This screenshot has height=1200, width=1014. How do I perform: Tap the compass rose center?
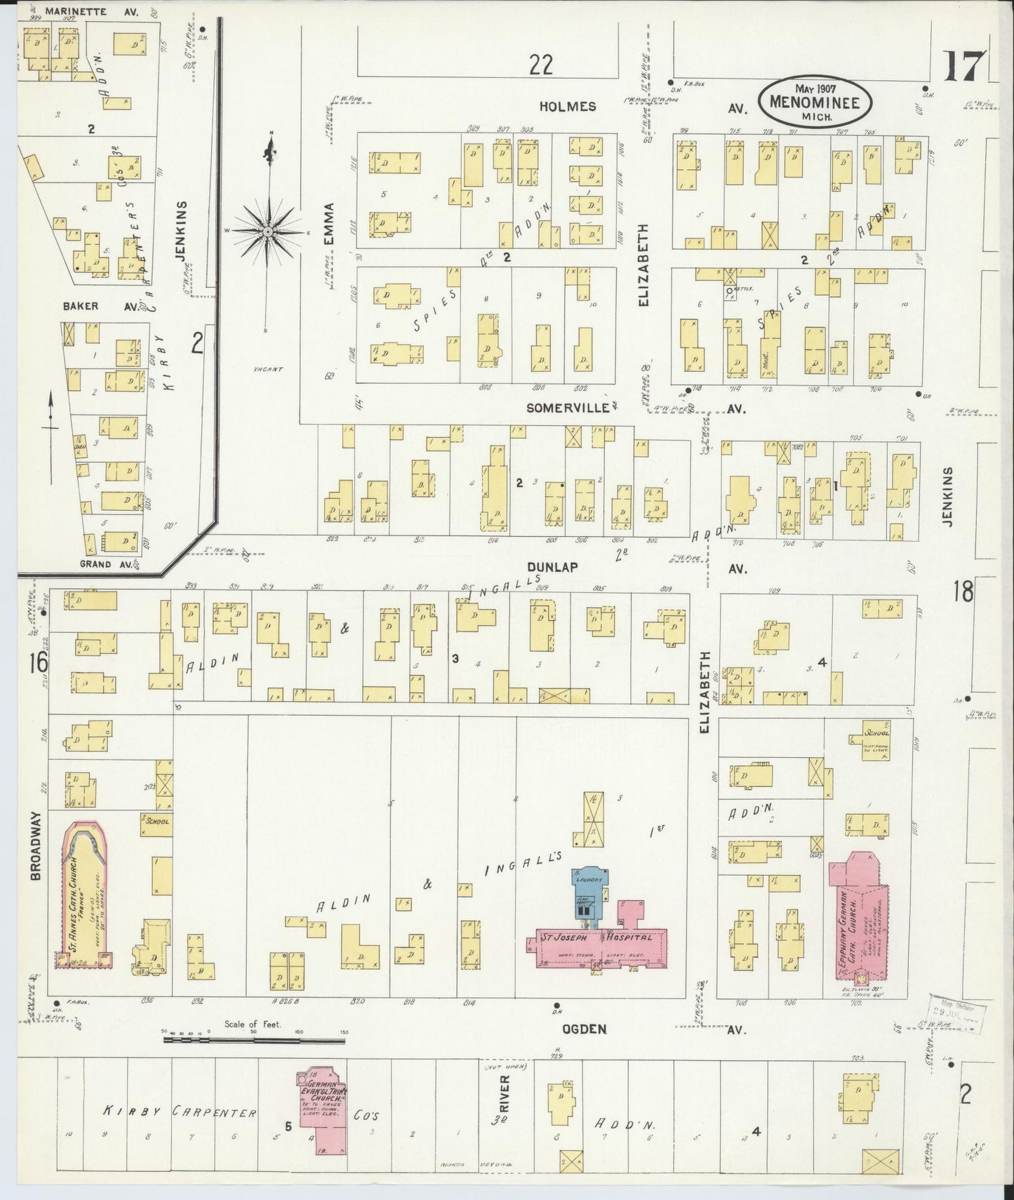(267, 231)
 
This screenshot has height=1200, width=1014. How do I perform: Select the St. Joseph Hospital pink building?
(596, 942)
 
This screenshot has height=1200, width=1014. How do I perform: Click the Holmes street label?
(568, 107)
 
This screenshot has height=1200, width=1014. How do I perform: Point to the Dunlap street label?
(554, 566)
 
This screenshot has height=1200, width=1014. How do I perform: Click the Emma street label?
(330, 225)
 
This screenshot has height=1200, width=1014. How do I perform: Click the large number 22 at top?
(541, 65)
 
